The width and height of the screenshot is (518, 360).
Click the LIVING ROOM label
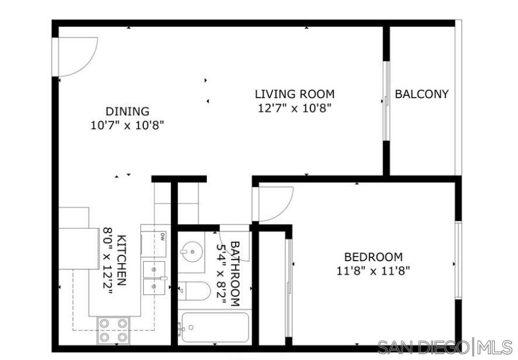coord(295,94)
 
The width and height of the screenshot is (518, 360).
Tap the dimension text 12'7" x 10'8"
coord(295,108)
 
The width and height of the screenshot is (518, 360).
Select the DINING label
coord(127,111)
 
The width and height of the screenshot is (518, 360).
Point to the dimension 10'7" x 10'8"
coord(127,124)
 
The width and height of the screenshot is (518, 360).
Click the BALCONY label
coord(422,94)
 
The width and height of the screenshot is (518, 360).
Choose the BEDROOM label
coord(373,257)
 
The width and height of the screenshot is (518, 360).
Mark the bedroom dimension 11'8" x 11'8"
coord(373,271)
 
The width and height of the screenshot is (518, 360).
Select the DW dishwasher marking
coord(162,236)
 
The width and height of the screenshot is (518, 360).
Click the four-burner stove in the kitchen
coord(113,330)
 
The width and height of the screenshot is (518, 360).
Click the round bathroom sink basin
coord(191,253)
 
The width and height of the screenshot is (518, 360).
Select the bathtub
coord(215,328)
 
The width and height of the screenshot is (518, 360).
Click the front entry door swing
coord(75,57)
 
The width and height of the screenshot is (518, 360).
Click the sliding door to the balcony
coord(385,101)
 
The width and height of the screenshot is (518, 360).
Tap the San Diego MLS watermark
coord(445,347)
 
